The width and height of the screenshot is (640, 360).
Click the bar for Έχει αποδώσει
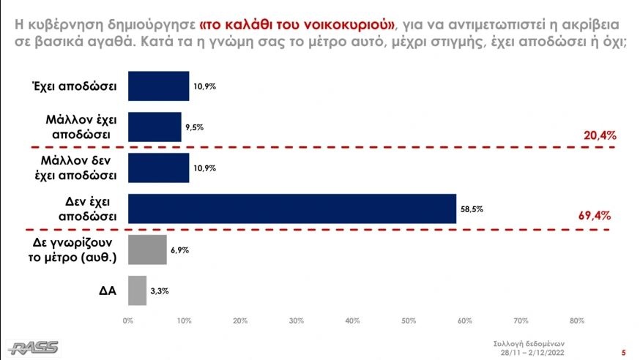click(158, 85)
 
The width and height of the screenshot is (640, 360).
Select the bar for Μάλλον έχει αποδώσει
click(155, 126)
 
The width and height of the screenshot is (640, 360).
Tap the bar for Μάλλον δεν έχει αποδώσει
click(158, 167)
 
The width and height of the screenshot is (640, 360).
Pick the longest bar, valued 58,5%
click(291, 208)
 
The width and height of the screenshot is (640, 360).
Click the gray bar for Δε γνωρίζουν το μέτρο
click(147, 250)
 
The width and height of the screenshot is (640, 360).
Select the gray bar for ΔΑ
click(137, 290)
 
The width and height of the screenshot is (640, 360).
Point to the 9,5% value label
click(194, 127)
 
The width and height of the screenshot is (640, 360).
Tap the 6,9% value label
click(180, 250)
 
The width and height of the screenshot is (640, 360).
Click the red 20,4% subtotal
click(598, 135)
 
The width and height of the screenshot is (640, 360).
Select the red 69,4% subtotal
click(594, 216)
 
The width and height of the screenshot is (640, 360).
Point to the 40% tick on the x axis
click(353, 320)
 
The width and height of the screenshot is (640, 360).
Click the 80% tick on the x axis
click(576, 320)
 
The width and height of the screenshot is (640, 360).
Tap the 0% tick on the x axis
click(128, 320)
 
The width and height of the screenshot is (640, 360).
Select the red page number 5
click(623, 351)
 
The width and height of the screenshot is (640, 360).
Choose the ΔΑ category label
click(109, 291)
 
